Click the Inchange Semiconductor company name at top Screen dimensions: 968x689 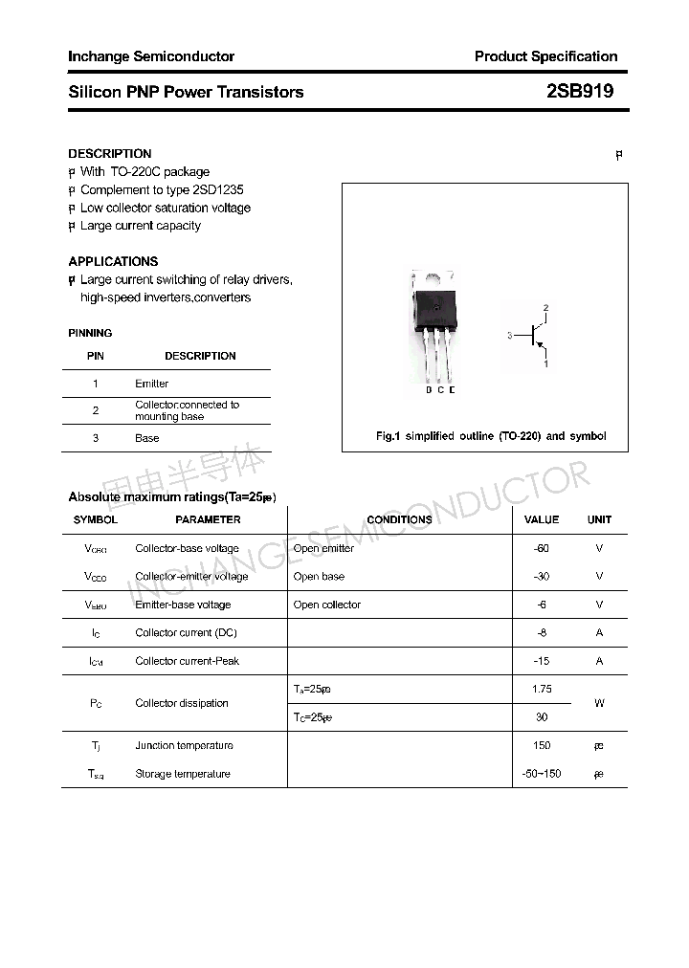click(x=151, y=56)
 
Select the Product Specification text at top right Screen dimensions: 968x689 click(x=545, y=56)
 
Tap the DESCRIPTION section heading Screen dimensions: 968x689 click(x=110, y=153)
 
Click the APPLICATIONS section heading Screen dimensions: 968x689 click(x=113, y=261)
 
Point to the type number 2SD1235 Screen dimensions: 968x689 click(x=217, y=189)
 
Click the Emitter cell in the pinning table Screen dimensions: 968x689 click(x=151, y=384)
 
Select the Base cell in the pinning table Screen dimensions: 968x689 click(x=147, y=438)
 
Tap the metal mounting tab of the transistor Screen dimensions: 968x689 click(x=433, y=279)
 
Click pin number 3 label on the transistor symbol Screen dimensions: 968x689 click(x=510, y=336)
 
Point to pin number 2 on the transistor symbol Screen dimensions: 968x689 click(x=545, y=308)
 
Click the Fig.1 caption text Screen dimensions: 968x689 click(x=491, y=436)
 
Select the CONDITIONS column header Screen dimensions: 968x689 click(x=399, y=519)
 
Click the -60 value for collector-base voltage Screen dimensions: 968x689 click(x=542, y=548)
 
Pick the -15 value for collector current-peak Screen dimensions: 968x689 click(x=542, y=661)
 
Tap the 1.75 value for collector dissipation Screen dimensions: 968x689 click(x=542, y=689)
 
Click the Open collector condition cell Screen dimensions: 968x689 click(x=327, y=605)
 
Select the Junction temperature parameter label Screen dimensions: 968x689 click(x=184, y=745)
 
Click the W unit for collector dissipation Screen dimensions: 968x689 click(x=599, y=703)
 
